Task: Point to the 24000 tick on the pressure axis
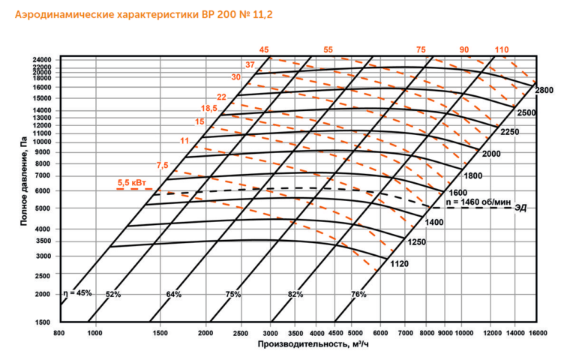pyautogui.click(x=42, y=59)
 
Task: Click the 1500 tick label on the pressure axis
pyautogui.click(x=43, y=322)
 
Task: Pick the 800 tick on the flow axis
pyautogui.click(x=60, y=331)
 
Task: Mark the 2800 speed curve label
pyautogui.click(x=544, y=91)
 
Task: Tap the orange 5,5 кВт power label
pyautogui.click(x=132, y=182)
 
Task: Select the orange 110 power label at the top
pyautogui.click(x=502, y=49)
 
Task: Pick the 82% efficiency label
pyautogui.click(x=295, y=294)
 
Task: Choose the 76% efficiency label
pyautogui.click(x=358, y=294)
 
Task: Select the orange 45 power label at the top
pyautogui.click(x=264, y=49)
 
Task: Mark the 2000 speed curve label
pyautogui.click(x=491, y=154)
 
